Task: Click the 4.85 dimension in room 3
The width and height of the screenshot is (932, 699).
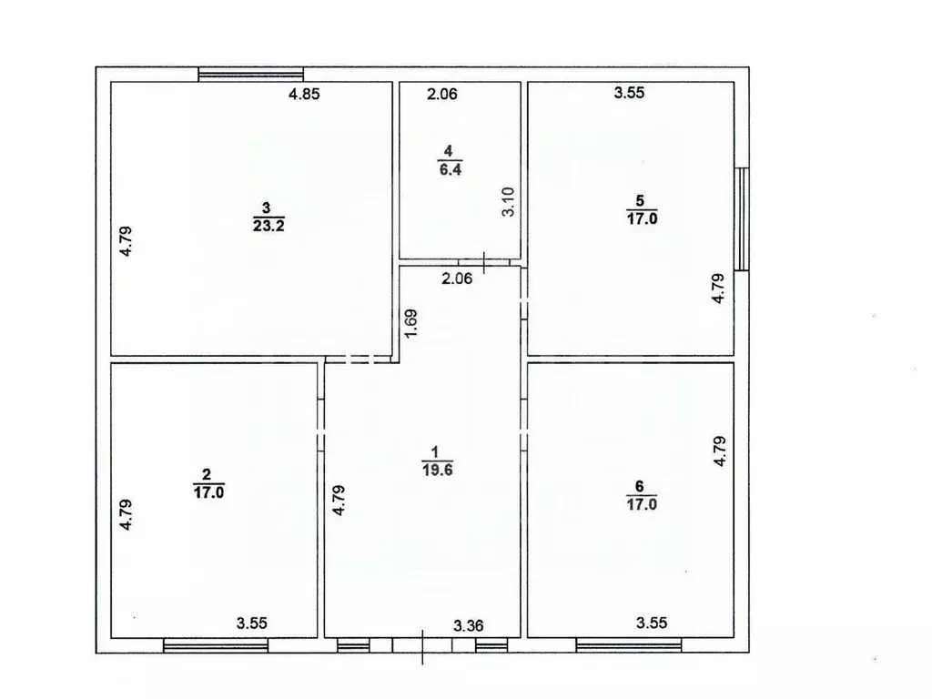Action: coord(305,94)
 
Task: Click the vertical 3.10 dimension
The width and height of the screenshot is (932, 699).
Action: coord(510,201)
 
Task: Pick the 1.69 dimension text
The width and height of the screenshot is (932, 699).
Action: coord(411,325)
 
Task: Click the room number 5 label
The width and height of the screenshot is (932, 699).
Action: coord(639,201)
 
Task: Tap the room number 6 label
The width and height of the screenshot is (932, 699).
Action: coord(639,485)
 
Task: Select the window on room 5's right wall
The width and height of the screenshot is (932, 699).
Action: coord(743,218)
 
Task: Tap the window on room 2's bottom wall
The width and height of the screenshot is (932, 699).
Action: coord(216,645)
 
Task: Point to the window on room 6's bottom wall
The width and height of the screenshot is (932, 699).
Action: coord(629,645)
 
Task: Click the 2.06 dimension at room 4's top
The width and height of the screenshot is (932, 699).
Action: coord(443,93)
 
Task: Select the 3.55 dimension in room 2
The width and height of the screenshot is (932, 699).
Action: coord(251,623)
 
